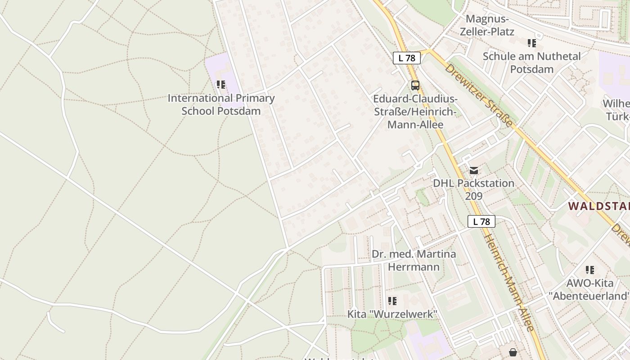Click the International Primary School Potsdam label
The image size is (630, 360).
click(221, 104)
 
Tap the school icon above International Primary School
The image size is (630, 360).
click(220, 84)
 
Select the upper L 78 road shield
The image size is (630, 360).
click(407, 58)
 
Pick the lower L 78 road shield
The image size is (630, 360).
click(481, 221)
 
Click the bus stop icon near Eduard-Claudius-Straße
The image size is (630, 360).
click(415, 85)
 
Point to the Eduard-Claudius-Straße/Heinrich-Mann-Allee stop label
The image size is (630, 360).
click(415, 112)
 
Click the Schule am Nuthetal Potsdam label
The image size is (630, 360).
click(531, 63)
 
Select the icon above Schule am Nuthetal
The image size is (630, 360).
click(532, 43)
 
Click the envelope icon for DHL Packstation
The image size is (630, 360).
click(473, 171)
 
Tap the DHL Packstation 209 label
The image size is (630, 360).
click(473, 189)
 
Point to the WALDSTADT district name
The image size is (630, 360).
click(598, 207)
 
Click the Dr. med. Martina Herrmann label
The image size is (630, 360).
click(414, 260)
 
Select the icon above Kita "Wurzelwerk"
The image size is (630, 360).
click(392, 301)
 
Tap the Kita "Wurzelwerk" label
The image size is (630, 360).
click(392, 314)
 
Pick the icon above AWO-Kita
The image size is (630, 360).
click(589, 270)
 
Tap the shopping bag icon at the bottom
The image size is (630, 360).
click(513, 352)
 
